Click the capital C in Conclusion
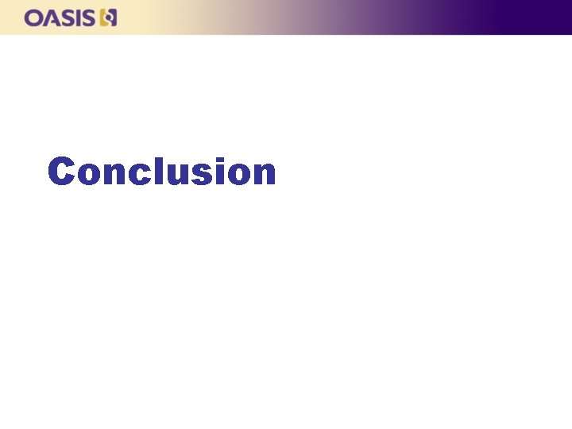point(62,172)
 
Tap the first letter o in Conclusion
point(91,175)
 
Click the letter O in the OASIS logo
point(33,17)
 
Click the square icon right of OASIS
point(109,17)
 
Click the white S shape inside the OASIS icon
point(109,17)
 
